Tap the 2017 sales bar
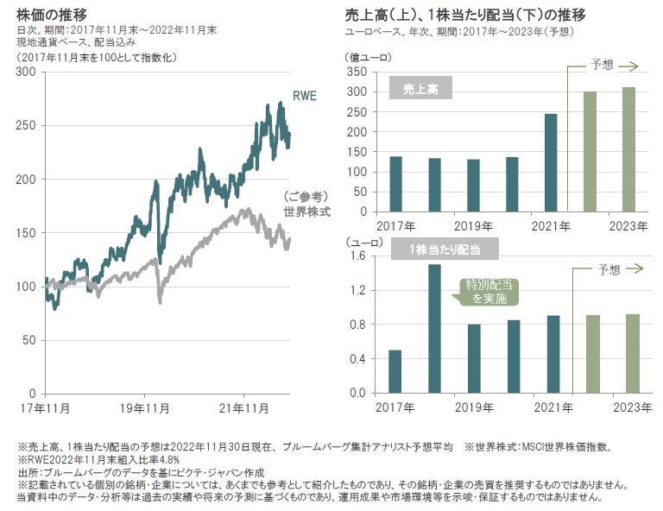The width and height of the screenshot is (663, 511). click(x=395, y=184)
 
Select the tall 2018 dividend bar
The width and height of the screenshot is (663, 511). click(x=434, y=328)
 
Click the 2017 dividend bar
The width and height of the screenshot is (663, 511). click(x=395, y=371)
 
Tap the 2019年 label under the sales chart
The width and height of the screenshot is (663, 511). click(x=474, y=226)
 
